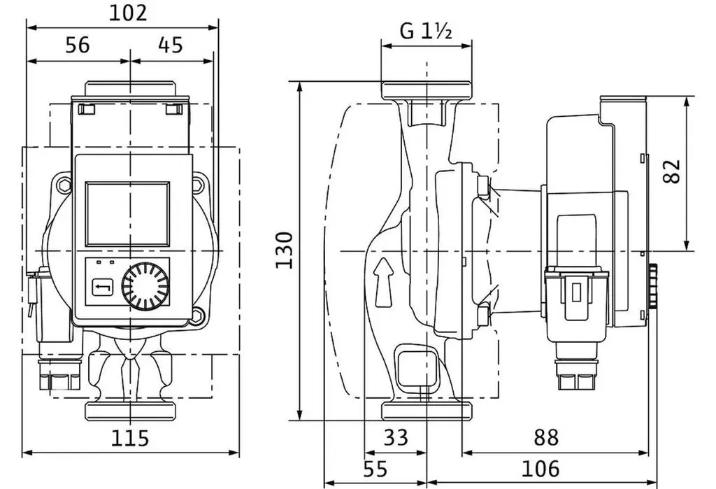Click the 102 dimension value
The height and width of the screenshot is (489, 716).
tap(128, 13)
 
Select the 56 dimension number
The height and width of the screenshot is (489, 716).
tap(78, 45)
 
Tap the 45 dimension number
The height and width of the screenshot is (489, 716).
tap(171, 45)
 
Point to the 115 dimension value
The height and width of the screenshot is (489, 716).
tap(130, 438)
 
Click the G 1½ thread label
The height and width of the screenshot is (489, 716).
tap(426, 31)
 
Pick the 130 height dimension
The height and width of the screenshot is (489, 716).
tap(285, 250)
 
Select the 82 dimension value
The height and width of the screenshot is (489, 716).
tap(671, 171)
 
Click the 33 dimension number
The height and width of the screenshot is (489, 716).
tap(396, 437)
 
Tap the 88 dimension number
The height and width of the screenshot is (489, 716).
tap(546, 437)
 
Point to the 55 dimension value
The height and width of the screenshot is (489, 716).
tap(375, 469)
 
